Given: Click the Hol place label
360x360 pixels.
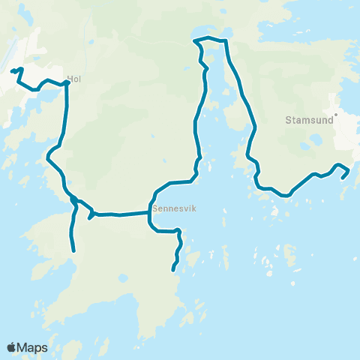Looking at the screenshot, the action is tap(73, 77).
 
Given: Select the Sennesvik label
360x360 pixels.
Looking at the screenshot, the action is tap(173, 210).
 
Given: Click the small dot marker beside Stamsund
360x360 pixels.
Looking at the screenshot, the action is tap(337, 115).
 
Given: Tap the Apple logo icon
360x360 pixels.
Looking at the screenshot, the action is tap(11, 347).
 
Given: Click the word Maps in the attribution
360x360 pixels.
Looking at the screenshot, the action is tap(32, 347).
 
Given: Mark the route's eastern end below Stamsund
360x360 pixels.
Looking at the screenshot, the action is tap(343, 178).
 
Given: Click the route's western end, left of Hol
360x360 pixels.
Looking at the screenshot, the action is tap(11, 72).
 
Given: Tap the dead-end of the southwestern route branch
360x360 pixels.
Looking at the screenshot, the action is tap(73, 250).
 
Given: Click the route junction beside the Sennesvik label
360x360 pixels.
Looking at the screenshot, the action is tap(148, 213).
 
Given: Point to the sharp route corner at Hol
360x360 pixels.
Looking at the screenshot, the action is tap(67, 82).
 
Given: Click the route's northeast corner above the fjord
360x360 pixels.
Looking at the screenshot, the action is tap(225, 40).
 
